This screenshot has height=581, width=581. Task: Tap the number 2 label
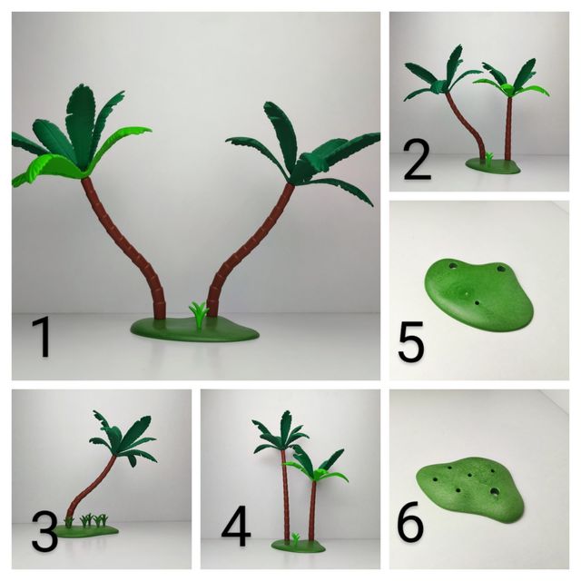pos(417,163)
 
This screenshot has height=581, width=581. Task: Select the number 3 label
pos(44,531)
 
